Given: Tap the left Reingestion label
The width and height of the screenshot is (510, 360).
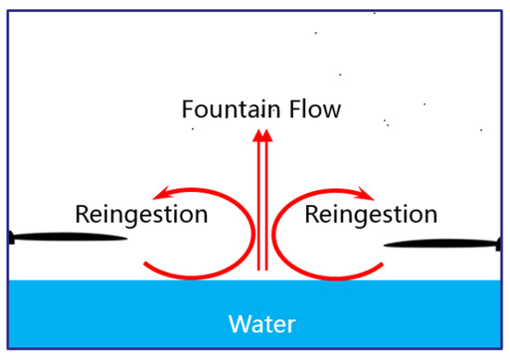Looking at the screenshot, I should tap(141, 215).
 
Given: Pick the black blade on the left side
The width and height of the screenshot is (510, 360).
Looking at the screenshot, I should tap(65, 238).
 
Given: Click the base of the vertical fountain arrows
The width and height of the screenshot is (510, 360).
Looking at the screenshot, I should tap(262, 270).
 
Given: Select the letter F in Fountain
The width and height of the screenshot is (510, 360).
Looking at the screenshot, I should tap(186, 109).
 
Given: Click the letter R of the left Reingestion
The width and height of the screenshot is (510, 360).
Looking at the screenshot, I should tap(81, 215).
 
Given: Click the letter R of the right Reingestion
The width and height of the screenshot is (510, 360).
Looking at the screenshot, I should tap(311, 215).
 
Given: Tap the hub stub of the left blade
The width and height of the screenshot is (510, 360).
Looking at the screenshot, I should tap(8, 238).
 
